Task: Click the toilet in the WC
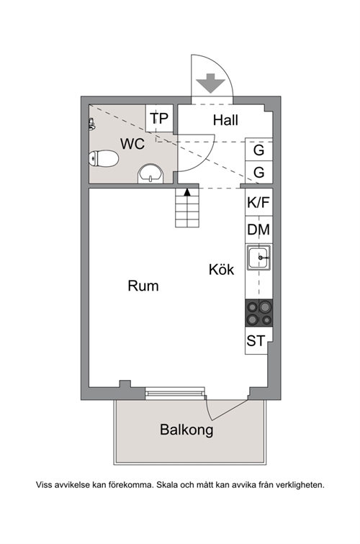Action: [104, 158]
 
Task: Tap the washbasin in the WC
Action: [150, 174]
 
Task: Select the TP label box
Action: [159, 118]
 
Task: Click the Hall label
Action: [225, 120]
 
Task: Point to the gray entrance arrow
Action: [210, 83]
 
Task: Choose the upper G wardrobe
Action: [258, 150]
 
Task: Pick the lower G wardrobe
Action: [258, 172]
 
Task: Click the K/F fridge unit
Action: [258, 202]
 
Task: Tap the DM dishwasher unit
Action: [258, 230]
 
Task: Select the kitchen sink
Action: [258, 258]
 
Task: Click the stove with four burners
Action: [258, 313]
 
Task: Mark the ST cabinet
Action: [256, 340]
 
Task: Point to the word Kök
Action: [222, 270]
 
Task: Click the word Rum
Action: [143, 286]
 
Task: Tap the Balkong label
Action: [186, 430]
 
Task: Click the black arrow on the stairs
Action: [187, 192]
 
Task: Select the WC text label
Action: [132, 144]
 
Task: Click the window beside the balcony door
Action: [175, 393]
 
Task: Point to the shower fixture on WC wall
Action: [91, 124]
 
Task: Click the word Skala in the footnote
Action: [166, 485]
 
